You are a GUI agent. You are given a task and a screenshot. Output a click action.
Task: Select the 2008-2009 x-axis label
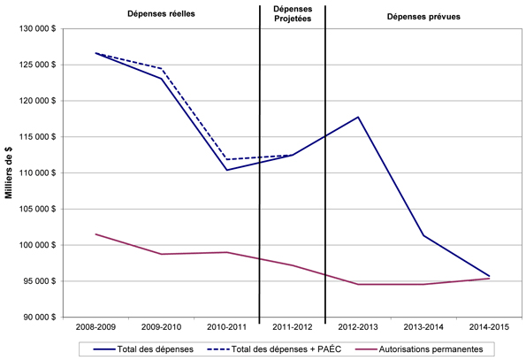pos(95,328)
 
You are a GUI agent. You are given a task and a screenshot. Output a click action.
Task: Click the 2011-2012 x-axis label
pos(292,328)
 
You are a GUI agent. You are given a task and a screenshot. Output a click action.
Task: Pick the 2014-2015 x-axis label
pos(489,328)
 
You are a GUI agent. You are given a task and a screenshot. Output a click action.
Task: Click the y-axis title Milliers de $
pos(9,172)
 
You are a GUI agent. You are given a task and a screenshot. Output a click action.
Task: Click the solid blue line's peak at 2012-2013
pos(358,117)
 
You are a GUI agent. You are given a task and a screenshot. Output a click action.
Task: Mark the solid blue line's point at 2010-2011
pos(227,170)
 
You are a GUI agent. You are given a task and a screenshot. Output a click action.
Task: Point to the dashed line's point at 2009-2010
pos(161,68)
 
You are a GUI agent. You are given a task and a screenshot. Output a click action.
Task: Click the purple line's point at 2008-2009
pos(95,234)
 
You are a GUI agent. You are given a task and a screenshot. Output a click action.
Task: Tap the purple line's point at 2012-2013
pos(358,284)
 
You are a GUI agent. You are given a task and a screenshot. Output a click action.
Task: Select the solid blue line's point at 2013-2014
pos(423,235)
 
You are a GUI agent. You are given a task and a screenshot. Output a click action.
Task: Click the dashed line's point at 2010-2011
pos(227,159)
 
